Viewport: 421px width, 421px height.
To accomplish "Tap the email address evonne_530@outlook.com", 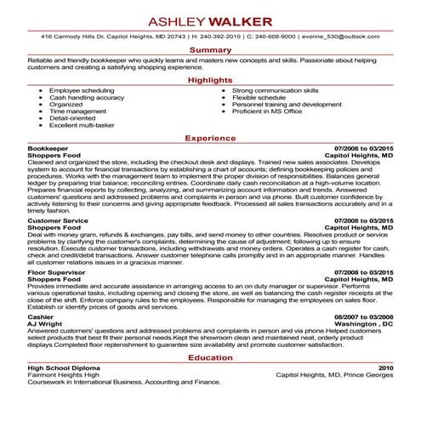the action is click(x=351, y=36).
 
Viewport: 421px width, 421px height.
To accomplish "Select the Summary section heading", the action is click(x=210, y=50).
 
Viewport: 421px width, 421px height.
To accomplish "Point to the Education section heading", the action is click(x=210, y=358).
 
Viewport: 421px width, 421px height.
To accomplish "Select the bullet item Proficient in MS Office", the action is click(x=267, y=111).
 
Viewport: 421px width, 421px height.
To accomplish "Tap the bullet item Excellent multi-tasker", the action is click(x=82, y=125).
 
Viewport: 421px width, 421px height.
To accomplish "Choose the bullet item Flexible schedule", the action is click(x=259, y=97).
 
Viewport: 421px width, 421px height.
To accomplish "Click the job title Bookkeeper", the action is click(x=47, y=148).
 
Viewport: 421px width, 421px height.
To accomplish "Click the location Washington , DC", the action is click(x=364, y=325).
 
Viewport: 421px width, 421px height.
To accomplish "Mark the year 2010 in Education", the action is click(x=386, y=370).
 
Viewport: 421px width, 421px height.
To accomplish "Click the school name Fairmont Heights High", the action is click(x=63, y=377).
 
